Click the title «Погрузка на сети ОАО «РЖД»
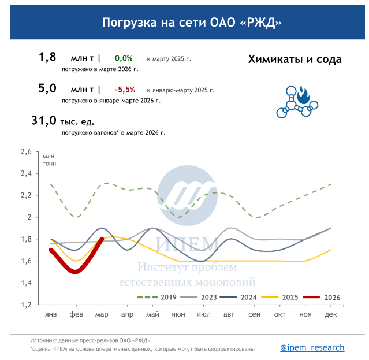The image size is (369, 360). pyautogui.click(x=184, y=23)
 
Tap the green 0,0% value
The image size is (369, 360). pyautogui.click(x=124, y=58)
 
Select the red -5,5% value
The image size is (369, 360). pyautogui.click(x=125, y=90)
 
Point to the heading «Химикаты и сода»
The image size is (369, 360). pyautogui.click(x=295, y=60)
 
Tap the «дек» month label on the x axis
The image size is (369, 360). pyautogui.click(x=331, y=314)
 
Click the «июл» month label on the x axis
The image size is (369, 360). pyautogui.click(x=204, y=314)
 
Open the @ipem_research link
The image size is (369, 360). pyautogui.click(x=312, y=347)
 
